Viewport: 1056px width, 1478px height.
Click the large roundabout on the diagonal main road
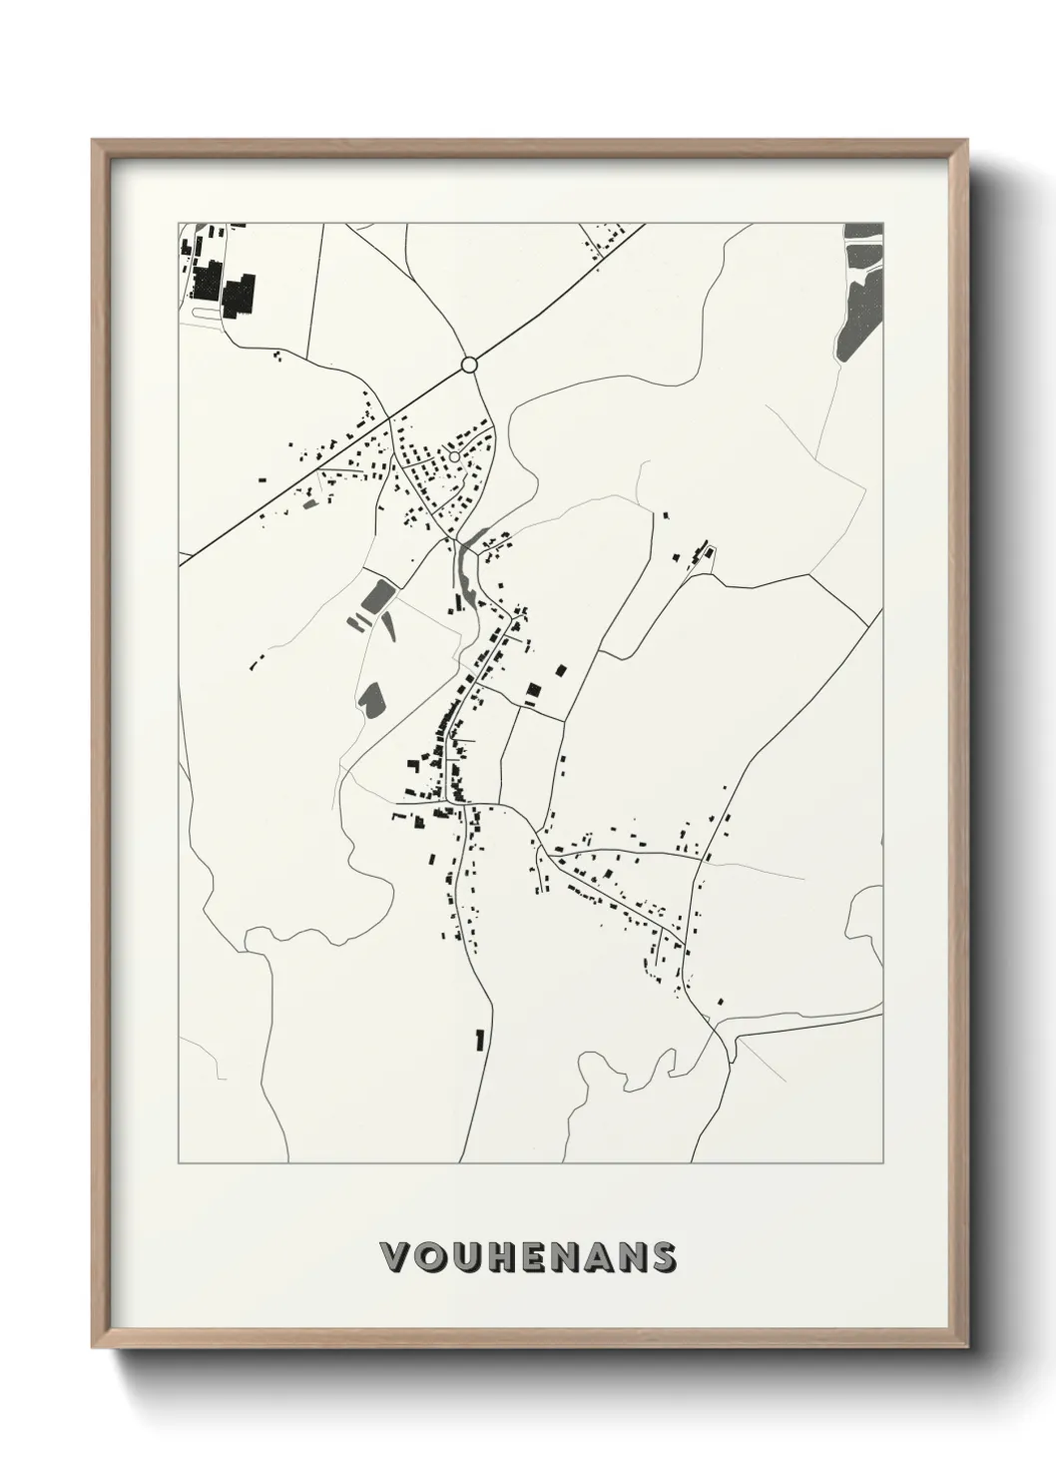469,366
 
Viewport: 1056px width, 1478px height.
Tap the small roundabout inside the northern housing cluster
454,456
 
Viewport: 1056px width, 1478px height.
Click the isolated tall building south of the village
480,1040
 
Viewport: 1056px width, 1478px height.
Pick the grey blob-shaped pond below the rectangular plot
371,698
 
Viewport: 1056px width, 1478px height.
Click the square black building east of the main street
533,689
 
